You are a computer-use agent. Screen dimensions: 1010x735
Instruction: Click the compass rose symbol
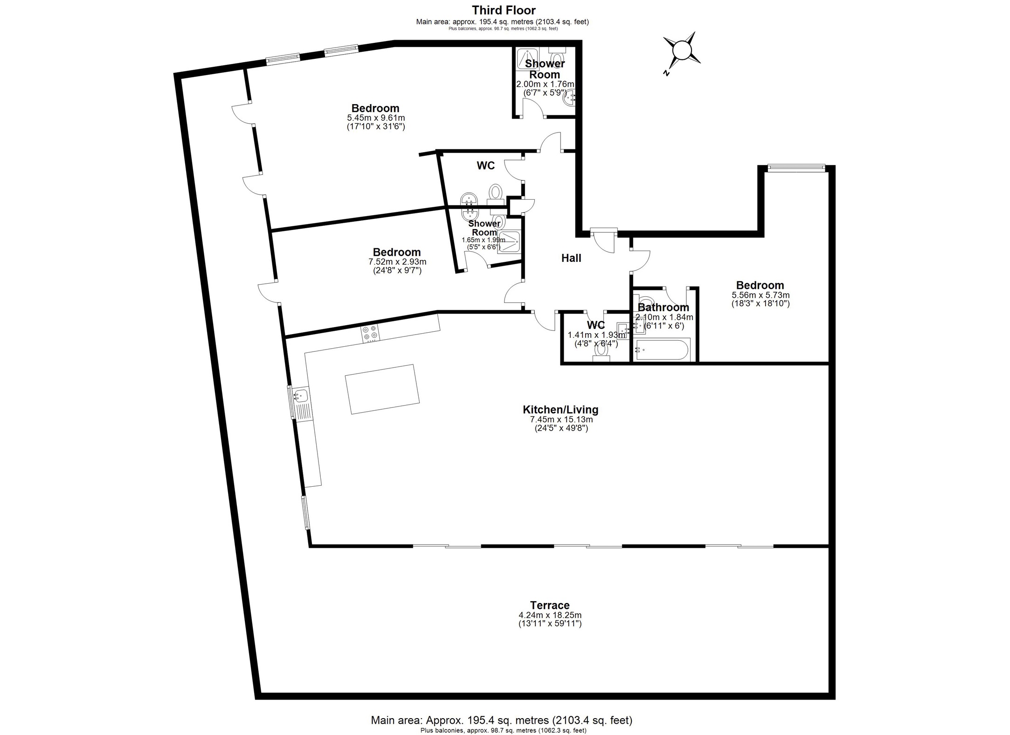click(681, 50)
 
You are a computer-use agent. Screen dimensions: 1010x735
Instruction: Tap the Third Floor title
click(504, 10)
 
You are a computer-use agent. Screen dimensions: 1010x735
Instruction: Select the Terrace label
click(550, 605)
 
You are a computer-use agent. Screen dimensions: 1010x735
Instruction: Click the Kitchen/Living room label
click(560, 410)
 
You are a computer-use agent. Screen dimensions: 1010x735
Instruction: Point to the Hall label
click(571, 258)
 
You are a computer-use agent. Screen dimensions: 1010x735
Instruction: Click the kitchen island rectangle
click(382, 389)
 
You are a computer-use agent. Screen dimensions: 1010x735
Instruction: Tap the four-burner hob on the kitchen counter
click(371, 333)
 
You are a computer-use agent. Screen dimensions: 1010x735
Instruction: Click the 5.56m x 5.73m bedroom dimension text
click(761, 295)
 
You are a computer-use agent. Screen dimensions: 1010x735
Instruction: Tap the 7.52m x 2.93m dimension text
click(397, 262)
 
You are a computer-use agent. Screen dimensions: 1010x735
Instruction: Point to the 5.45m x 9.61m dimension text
click(376, 118)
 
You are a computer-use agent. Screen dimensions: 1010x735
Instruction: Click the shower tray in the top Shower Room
click(527, 59)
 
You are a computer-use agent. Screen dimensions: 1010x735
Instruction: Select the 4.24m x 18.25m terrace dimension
click(550, 615)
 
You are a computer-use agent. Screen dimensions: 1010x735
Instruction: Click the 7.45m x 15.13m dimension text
click(561, 420)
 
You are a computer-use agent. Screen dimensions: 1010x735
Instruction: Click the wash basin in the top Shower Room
click(569, 98)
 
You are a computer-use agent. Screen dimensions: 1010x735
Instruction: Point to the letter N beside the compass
click(667, 73)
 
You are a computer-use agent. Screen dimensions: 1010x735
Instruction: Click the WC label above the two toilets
click(485, 166)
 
